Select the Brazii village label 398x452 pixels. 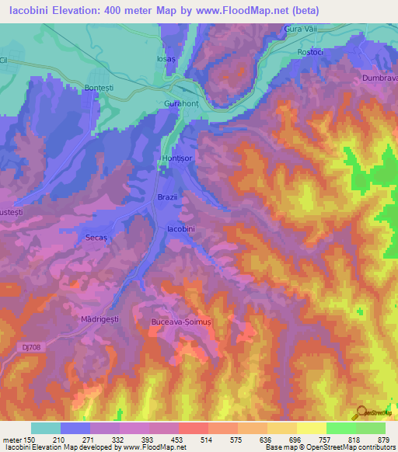click(168, 197)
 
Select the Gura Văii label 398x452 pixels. click(298, 29)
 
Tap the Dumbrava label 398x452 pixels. click(379, 78)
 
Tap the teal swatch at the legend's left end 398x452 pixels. click(46, 428)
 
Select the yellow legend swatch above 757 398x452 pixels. click(312, 428)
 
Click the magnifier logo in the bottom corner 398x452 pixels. click(361, 412)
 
